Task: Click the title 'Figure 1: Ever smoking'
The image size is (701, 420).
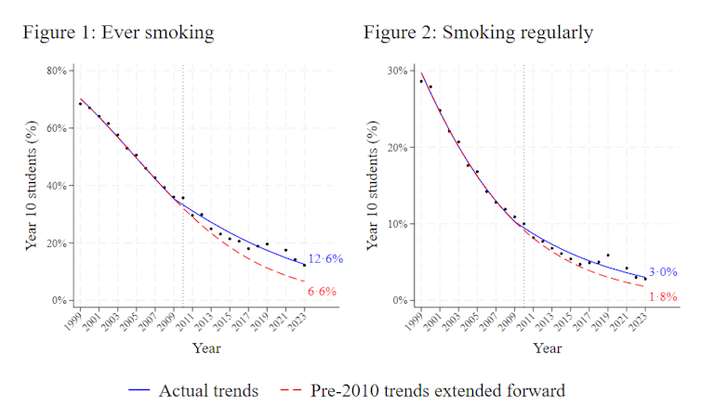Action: click(x=119, y=33)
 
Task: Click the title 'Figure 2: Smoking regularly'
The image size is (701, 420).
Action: click(x=478, y=33)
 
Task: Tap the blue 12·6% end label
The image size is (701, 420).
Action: click(x=326, y=259)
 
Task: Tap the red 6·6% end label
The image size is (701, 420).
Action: click(x=322, y=292)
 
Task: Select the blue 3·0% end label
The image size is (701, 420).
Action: click(x=663, y=272)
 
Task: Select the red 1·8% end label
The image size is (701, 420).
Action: click(x=663, y=297)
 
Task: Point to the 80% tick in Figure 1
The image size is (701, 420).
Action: click(x=56, y=71)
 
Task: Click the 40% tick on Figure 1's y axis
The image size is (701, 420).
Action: click(x=56, y=186)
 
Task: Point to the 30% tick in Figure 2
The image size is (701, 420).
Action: click(x=397, y=71)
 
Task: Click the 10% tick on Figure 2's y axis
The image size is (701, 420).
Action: click(x=397, y=224)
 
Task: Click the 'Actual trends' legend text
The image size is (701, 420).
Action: click(x=208, y=391)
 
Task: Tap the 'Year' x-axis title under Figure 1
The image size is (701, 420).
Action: click(x=206, y=348)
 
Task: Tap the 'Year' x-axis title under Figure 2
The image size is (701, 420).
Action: click(x=547, y=348)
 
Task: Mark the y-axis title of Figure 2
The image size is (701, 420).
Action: click(x=373, y=186)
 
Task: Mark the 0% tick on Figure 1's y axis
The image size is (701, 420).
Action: click(x=58, y=301)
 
